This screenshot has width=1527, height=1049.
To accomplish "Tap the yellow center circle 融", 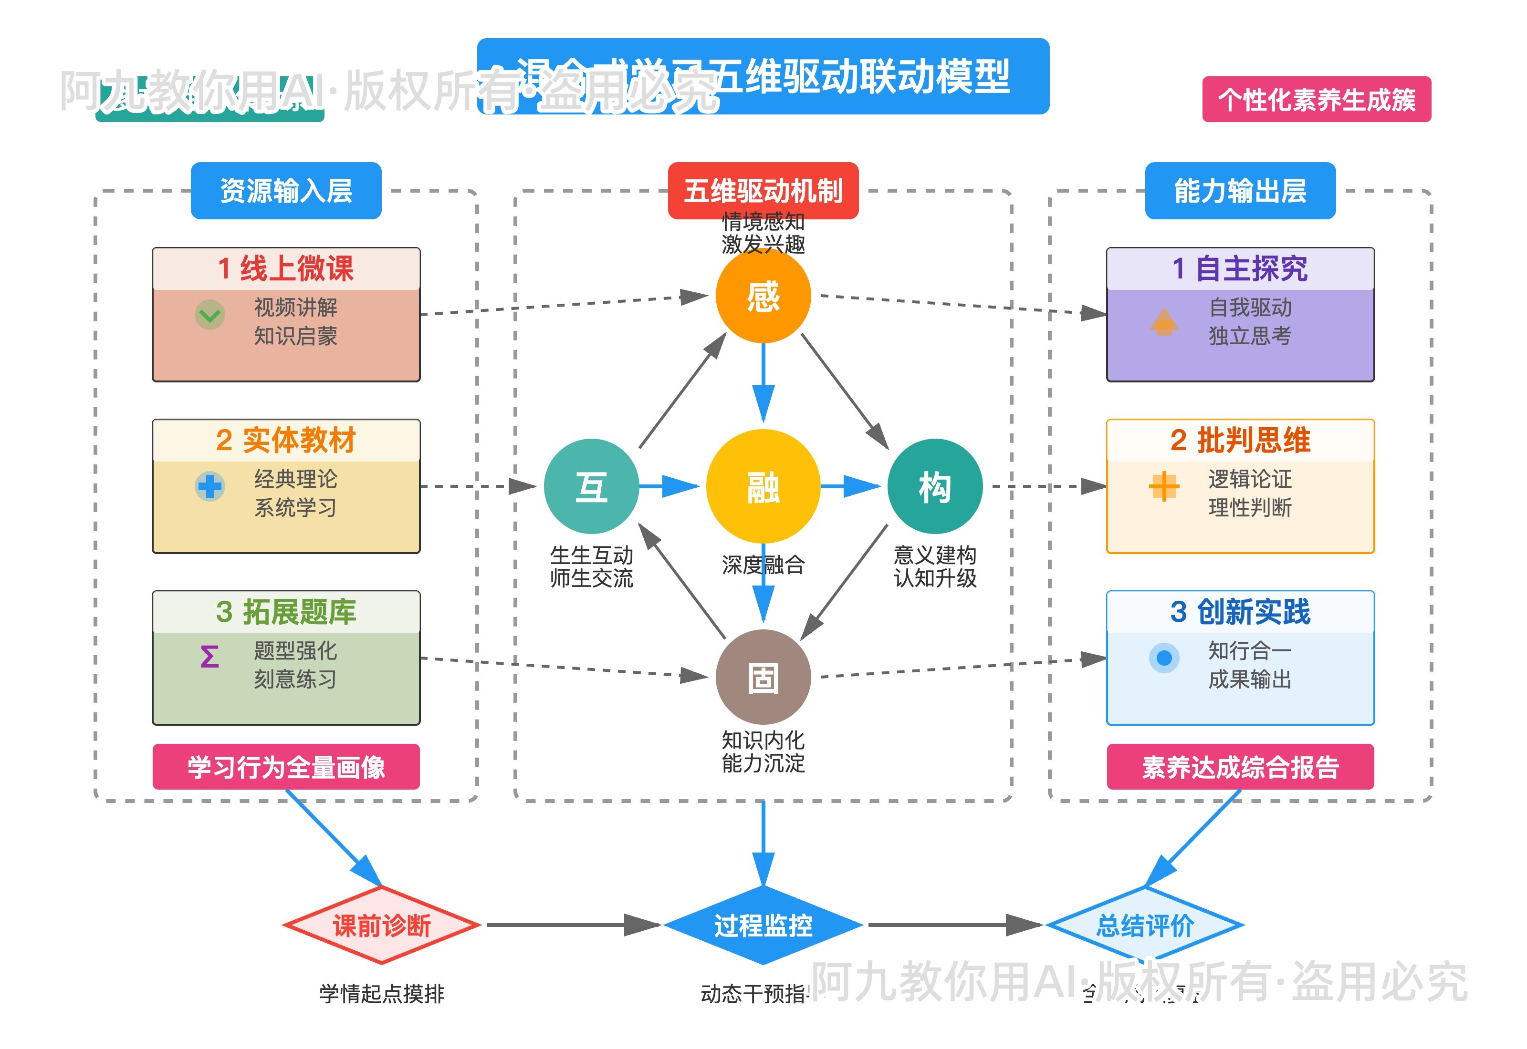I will tap(763, 486).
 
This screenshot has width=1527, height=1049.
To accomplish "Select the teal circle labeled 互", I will tap(591, 486).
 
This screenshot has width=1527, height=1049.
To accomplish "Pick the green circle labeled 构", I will tap(934, 486).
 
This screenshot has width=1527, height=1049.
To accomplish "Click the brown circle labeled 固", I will tap(763, 677).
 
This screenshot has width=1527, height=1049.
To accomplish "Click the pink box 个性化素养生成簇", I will tap(1317, 99).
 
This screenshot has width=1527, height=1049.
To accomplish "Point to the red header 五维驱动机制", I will tap(763, 191).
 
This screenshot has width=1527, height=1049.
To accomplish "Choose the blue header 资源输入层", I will tap(286, 191).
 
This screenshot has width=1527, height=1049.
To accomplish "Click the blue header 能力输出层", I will tap(1240, 191).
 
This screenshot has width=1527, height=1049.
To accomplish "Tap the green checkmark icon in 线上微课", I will tap(210, 315).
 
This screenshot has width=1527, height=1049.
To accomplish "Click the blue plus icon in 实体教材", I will tap(210, 486).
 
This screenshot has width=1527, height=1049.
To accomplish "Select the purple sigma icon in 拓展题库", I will tap(210, 657).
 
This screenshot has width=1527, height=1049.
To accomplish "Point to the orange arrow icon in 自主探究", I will tap(1164, 321).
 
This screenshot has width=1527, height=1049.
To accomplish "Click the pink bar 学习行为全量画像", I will tap(286, 766).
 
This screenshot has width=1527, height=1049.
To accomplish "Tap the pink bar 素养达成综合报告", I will tap(1240, 766).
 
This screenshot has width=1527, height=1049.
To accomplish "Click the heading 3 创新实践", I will tap(1240, 611).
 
